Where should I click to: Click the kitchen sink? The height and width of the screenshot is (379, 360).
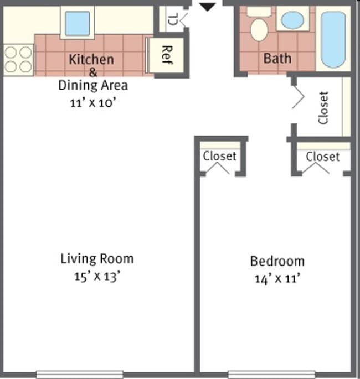pos(77,23)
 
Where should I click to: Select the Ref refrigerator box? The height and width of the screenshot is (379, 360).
pos(164,55)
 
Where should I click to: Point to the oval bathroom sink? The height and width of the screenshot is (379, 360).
pos(292,21)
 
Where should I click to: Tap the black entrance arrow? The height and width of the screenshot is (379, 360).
pos(207,7)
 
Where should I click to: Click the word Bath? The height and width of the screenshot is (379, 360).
pos(277,58)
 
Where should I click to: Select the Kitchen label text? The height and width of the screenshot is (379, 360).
pos(91,59)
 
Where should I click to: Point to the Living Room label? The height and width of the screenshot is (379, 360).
pos(97,258)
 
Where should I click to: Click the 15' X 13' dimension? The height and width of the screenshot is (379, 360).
pos(97,276)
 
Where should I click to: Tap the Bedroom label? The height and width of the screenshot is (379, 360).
pos(277,261)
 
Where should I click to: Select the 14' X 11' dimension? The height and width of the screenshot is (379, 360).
pos(277,279)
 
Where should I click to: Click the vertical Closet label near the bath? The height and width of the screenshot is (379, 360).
pos(324,107)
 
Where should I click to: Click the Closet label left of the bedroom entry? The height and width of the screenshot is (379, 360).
pos(219,156)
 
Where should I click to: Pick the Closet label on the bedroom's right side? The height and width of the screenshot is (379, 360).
pos(322,157)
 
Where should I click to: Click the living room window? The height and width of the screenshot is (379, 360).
pos(80,374)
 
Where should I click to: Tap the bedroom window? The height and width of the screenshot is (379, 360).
pos(271,374)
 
